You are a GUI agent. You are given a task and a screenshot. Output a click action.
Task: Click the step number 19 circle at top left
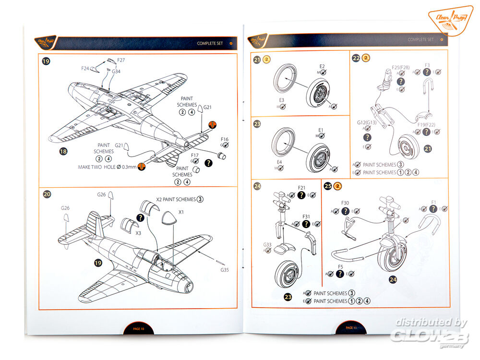[x=46, y=61]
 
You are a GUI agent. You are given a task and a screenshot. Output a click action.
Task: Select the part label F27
[x=121, y=60]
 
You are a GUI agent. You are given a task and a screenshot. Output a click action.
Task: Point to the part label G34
[x=117, y=72]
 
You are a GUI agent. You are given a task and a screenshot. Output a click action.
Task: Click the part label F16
[x=224, y=140]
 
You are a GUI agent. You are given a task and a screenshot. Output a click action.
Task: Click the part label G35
[x=224, y=270]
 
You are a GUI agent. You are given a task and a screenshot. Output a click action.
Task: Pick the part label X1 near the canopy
[x=181, y=212]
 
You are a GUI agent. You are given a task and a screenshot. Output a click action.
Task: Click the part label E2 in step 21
[x=322, y=66]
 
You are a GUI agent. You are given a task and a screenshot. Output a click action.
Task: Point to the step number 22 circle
[x=356, y=59]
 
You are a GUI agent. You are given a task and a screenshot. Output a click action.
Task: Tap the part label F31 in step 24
[x=306, y=216]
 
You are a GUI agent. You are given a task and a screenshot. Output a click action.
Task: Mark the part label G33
[x=267, y=245]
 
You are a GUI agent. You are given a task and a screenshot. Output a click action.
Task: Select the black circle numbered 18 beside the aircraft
[x=63, y=151]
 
